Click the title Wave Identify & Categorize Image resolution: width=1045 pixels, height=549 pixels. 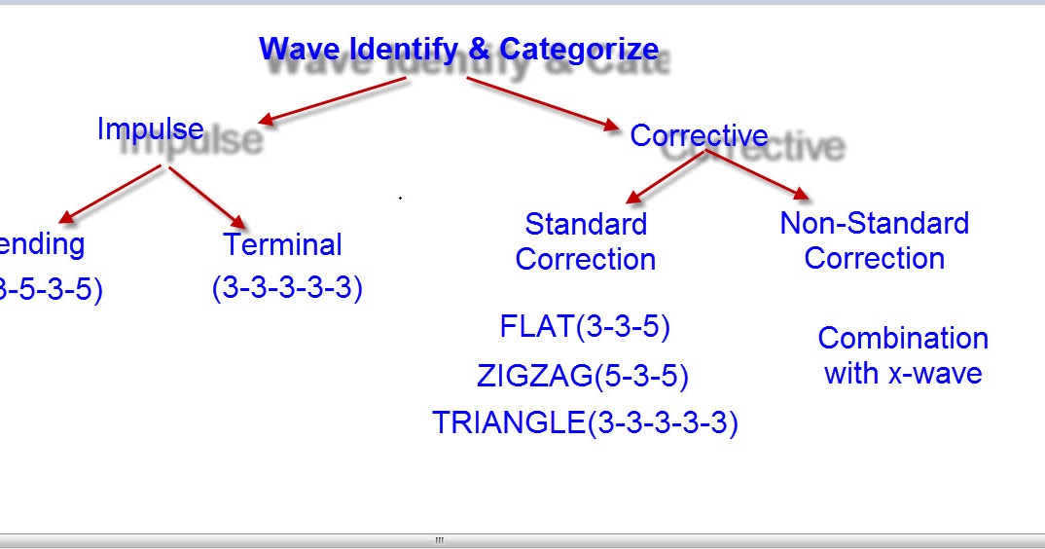458,49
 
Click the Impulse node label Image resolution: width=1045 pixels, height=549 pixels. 150,128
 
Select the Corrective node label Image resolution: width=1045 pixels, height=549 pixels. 699,135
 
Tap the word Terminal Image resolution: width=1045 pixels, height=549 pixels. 282,244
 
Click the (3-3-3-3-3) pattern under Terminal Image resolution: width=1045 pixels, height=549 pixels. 287,288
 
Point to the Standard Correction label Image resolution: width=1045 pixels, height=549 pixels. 586,241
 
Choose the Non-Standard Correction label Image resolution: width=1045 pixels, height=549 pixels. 874,240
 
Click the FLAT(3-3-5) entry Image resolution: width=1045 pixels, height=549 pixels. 585,327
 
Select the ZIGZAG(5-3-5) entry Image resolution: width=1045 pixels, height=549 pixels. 582,376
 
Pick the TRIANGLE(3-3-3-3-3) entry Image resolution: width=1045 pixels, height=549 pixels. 585,423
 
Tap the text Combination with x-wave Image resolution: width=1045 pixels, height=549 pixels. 902,355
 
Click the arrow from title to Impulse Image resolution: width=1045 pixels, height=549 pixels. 332,101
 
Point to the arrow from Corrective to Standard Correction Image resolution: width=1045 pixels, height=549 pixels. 665,178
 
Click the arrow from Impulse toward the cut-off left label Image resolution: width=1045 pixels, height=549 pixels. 109,194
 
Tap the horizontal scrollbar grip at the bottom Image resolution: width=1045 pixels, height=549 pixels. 439,540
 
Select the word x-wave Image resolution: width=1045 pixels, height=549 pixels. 932,374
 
